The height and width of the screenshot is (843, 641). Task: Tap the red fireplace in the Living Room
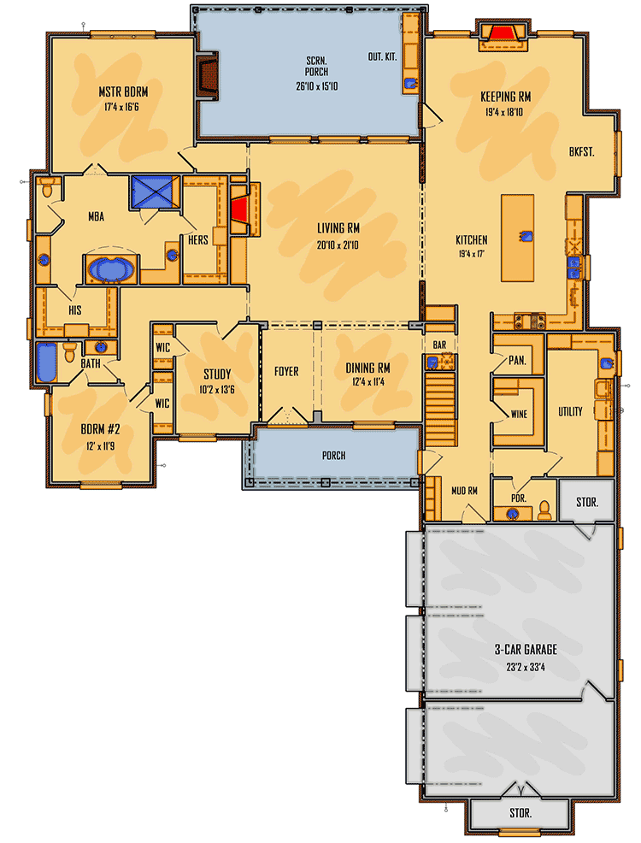pos(240,208)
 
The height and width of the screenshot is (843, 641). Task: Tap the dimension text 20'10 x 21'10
pos(338,245)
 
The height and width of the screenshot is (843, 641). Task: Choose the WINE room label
pos(518,414)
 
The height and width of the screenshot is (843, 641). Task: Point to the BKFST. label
pos(581,151)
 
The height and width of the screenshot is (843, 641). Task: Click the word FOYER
pos(286,372)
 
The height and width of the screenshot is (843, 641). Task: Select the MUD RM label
pos(464,490)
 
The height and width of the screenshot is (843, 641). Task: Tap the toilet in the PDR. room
pos(544,512)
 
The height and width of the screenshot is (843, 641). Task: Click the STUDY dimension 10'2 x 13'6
pos(216,389)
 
